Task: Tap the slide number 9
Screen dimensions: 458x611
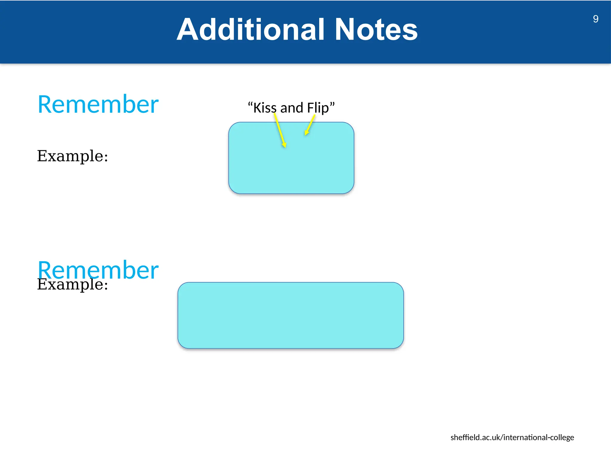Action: pyautogui.click(x=595, y=19)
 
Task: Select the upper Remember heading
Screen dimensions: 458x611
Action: pyautogui.click(x=98, y=104)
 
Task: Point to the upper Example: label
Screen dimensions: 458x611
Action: pyautogui.click(x=72, y=156)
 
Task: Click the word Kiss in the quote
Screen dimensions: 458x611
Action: pyautogui.click(x=265, y=108)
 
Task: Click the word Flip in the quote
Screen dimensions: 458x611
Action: pyautogui.click(x=318, y=108)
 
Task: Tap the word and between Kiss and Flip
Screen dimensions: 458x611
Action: pyautogui.click(x=291, y=108)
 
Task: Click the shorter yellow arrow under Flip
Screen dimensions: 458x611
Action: pyautogui.click(x=310, y=125)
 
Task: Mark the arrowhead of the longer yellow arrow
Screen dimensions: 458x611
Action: pyautogui.click(x=285, y=145)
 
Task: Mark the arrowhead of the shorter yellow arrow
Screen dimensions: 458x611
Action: pyautogui.click(x=306, y=133)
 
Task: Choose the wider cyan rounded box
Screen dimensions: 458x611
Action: pyautogui.click(x=291, y=315)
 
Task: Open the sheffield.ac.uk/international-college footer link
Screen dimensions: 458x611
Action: pyautogui.click(x=512, y=437)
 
